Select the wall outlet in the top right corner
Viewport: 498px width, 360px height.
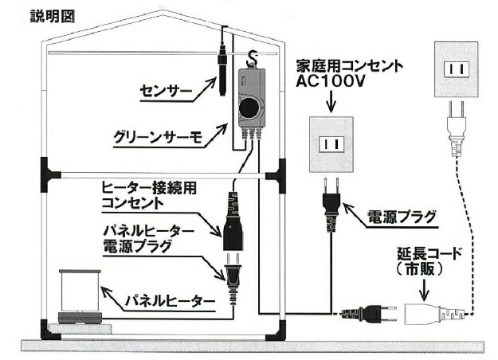[457, 69]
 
